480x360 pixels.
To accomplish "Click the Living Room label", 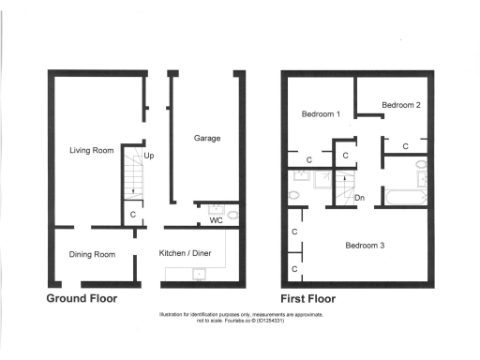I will coord(91,150).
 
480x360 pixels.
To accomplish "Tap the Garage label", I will coord(207,139).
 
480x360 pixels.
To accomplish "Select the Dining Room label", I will coord(93,254).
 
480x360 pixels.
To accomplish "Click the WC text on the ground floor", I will coord(216,222).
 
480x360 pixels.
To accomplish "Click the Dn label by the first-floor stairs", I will coord(360,198).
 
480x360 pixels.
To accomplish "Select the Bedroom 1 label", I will coord(320,114).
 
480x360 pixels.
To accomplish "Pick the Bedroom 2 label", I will coord(400,105).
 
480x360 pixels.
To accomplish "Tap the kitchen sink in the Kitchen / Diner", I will coord(198,274).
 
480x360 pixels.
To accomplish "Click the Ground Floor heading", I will coord(82,299).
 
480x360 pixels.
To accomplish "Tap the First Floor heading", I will coord(308,299).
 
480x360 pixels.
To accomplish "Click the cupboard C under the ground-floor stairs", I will coord(133,215).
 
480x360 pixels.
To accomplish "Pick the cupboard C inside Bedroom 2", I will coord(405,147).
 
